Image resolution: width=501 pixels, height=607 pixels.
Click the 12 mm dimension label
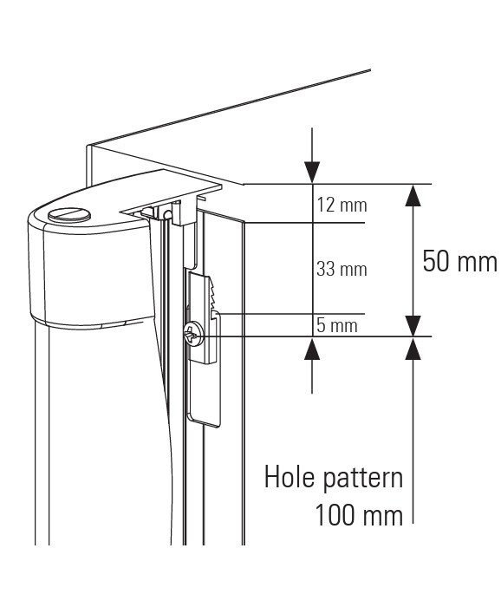tap(342, 205)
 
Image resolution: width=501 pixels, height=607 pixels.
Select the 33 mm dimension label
tap(342, 269)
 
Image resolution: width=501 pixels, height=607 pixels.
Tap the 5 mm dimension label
tap(337, 325)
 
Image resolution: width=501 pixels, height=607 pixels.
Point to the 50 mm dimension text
tap(459, 261)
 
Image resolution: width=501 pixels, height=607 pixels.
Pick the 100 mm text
tap(359, 515)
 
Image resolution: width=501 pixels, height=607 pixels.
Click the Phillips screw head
tap(194, 334)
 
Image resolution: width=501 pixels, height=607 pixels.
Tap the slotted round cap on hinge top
tap(69, 215)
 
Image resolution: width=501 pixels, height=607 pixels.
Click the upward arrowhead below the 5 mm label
tap(312, 348)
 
